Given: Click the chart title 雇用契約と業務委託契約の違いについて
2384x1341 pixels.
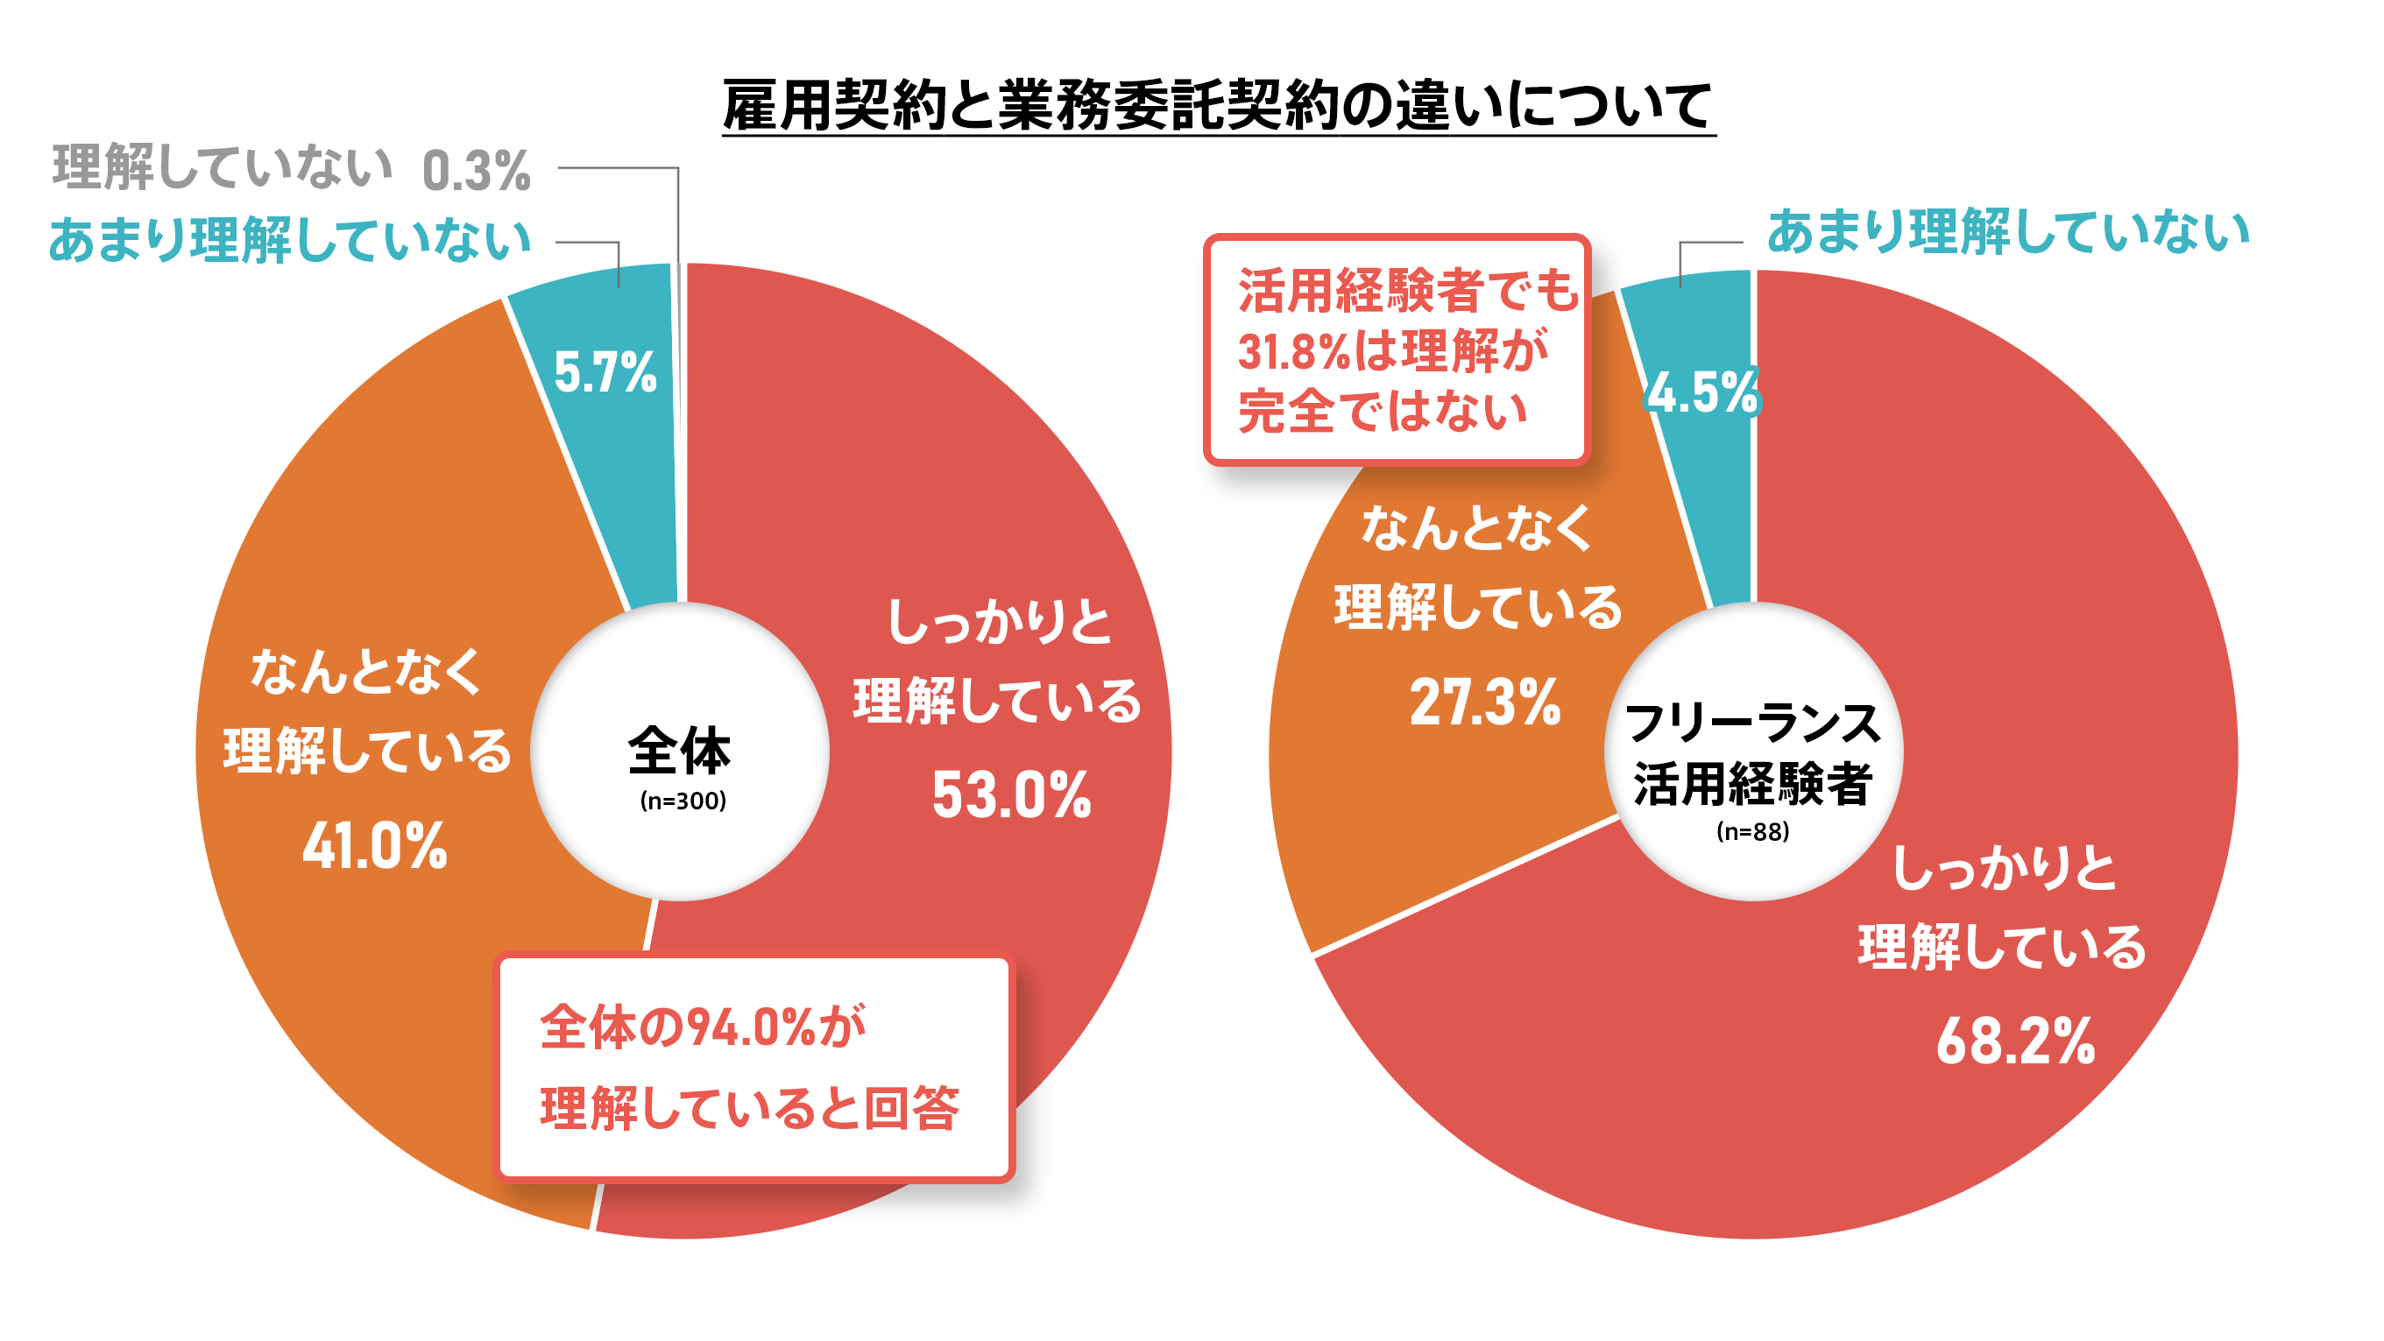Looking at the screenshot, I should (x=1218, y=104).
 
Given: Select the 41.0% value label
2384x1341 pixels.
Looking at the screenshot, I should (x=375, y=846).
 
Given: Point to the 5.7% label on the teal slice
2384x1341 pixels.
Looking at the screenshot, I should (x=605, y=372).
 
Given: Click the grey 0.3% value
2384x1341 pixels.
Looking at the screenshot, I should (x=477, y=171).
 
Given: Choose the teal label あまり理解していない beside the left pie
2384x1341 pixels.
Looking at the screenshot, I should (x=290, y=241).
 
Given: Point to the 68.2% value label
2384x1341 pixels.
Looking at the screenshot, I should (x=2016, y=1041).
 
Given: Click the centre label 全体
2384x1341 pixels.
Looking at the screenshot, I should (x=679, y=751).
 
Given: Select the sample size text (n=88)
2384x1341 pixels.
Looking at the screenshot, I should (x=1753, y=831).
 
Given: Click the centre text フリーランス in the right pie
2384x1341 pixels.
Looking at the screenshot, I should (x=1753, y=723).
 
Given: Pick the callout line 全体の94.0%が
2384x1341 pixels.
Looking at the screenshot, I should (x=704, y=1027).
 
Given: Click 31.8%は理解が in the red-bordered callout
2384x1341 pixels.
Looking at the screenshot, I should (x=1392, y=352).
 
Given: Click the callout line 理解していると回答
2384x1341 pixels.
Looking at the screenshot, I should (x=750, y=1108).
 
